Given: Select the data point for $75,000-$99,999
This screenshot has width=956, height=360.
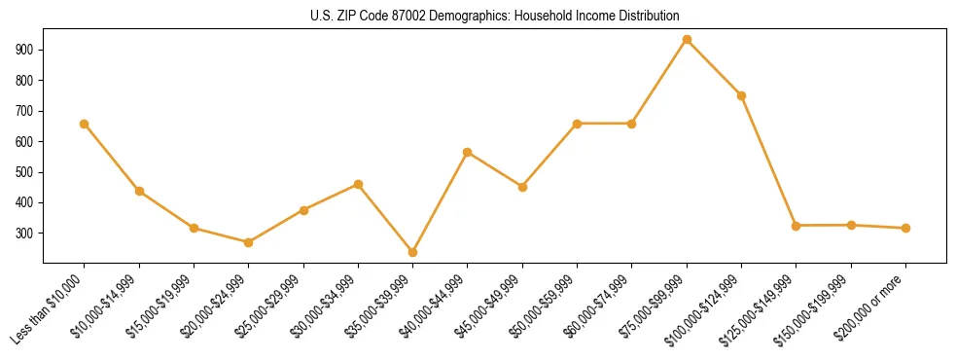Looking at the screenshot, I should [687, 40].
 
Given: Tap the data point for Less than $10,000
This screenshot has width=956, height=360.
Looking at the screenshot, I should [84, 124].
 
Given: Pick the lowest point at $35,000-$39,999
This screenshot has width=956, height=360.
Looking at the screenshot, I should [412, 252].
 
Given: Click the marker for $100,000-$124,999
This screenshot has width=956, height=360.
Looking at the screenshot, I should [742, 95].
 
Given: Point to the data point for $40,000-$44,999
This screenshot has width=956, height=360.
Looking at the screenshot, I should [468, 152].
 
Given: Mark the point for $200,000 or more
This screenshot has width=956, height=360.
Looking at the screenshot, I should [906, 228].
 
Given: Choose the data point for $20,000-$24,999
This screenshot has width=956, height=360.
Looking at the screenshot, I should [248, 242].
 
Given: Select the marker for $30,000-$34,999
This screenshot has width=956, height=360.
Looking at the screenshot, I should [358, 184].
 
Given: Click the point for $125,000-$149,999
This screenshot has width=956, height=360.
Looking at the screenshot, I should [797, 226].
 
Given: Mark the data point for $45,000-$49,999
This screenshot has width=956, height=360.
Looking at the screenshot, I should [522, 187].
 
